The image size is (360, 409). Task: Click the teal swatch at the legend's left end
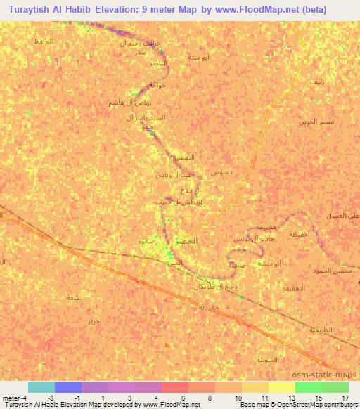41,387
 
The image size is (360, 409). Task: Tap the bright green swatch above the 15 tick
308,387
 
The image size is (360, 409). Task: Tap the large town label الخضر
186,240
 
